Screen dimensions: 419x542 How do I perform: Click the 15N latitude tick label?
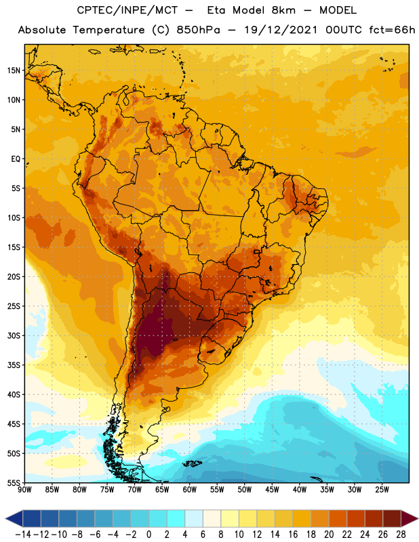(14, 70)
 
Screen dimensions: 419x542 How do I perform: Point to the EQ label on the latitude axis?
(16, 159)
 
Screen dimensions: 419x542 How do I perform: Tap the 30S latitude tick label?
(14, 335)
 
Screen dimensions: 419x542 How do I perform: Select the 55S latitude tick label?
(14, 483)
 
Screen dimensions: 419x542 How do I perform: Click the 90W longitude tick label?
(25, 489)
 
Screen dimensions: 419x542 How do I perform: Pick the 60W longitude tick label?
(190, 489)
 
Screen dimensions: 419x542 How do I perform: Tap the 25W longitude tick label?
(382, 489)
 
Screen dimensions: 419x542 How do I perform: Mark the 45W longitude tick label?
(273, 489)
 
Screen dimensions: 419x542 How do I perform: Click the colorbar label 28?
(401, 535)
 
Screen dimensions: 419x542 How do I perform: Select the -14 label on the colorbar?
(23, 535)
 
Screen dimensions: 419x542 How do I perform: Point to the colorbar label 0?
(149, 535)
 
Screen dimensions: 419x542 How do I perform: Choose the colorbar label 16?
(293, 535)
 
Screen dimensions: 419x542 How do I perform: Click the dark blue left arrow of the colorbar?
(14, 518)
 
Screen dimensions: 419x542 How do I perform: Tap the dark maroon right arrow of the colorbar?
(410, 518)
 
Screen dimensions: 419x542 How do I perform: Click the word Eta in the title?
(216, 10)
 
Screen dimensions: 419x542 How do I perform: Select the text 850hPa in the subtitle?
(198, 30)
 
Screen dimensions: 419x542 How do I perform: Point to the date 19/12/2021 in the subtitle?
(281, 30)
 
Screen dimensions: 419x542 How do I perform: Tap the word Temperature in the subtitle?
(108, 30)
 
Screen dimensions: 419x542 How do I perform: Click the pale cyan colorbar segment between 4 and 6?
(194, 518)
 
